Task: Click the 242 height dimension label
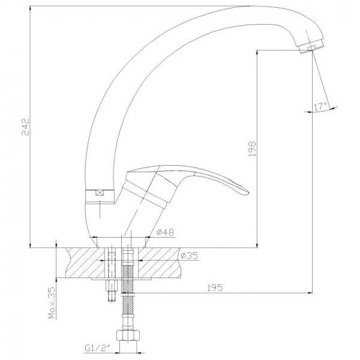point(25,127)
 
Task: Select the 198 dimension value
point(252,149)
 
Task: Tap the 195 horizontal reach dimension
point(215,287)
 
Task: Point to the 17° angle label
point(320,107)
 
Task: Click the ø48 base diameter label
point(166,232)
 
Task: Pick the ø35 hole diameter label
point(189,256)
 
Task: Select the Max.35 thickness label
point(52,303)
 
